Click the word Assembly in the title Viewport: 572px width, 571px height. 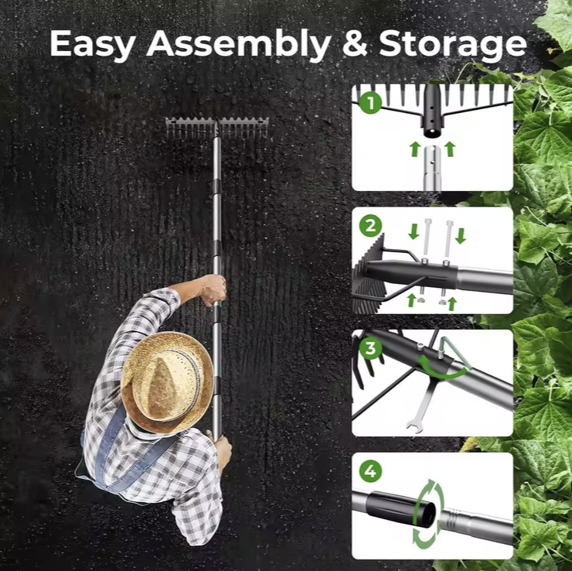pos(239,44)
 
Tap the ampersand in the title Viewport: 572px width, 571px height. pos(355,43)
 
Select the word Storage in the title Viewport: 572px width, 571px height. pos(453,46)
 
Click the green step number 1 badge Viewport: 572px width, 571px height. pos(370,103)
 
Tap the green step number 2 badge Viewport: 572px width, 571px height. pos(370,225)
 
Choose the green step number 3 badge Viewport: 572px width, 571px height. pos(370,348)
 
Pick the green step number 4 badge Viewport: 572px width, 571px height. pos(370,471)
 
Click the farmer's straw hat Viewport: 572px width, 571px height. pos(167,382)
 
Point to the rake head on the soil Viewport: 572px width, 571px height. pos(216,128)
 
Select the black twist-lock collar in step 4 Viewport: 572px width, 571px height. pos(400,508)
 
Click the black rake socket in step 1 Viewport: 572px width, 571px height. pos(432,111)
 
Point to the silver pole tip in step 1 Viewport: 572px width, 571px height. pos(432,167)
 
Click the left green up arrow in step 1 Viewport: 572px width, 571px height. pos(415,149)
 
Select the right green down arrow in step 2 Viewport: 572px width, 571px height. pos(461,235)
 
